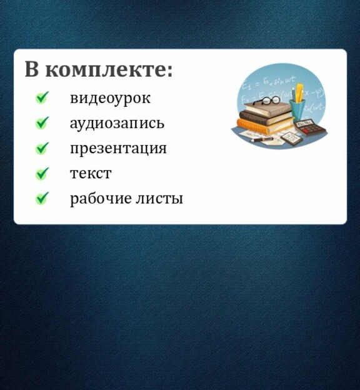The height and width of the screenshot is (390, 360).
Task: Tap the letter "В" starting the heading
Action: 32,69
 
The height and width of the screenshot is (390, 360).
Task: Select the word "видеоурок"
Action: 110,99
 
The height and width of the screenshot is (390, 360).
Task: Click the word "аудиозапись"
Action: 117,124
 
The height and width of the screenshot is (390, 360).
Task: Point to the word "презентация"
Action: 118,149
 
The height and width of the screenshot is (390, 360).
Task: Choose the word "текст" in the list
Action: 91,174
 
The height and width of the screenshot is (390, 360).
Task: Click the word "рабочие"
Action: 101,199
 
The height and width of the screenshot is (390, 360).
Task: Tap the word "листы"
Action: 159,199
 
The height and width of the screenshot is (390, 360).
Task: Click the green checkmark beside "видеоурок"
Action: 42,97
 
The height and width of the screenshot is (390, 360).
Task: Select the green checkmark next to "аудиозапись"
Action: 42,122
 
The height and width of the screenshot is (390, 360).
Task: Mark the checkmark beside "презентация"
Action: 42,148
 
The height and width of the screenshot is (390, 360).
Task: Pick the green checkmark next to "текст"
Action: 42,173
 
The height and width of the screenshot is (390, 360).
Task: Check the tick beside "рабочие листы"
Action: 42,198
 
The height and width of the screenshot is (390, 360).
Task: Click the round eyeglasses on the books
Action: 267,100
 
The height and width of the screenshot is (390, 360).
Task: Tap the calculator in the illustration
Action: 310,127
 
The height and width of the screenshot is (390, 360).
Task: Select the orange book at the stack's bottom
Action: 265,125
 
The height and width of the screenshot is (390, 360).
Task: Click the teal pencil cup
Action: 297,110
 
